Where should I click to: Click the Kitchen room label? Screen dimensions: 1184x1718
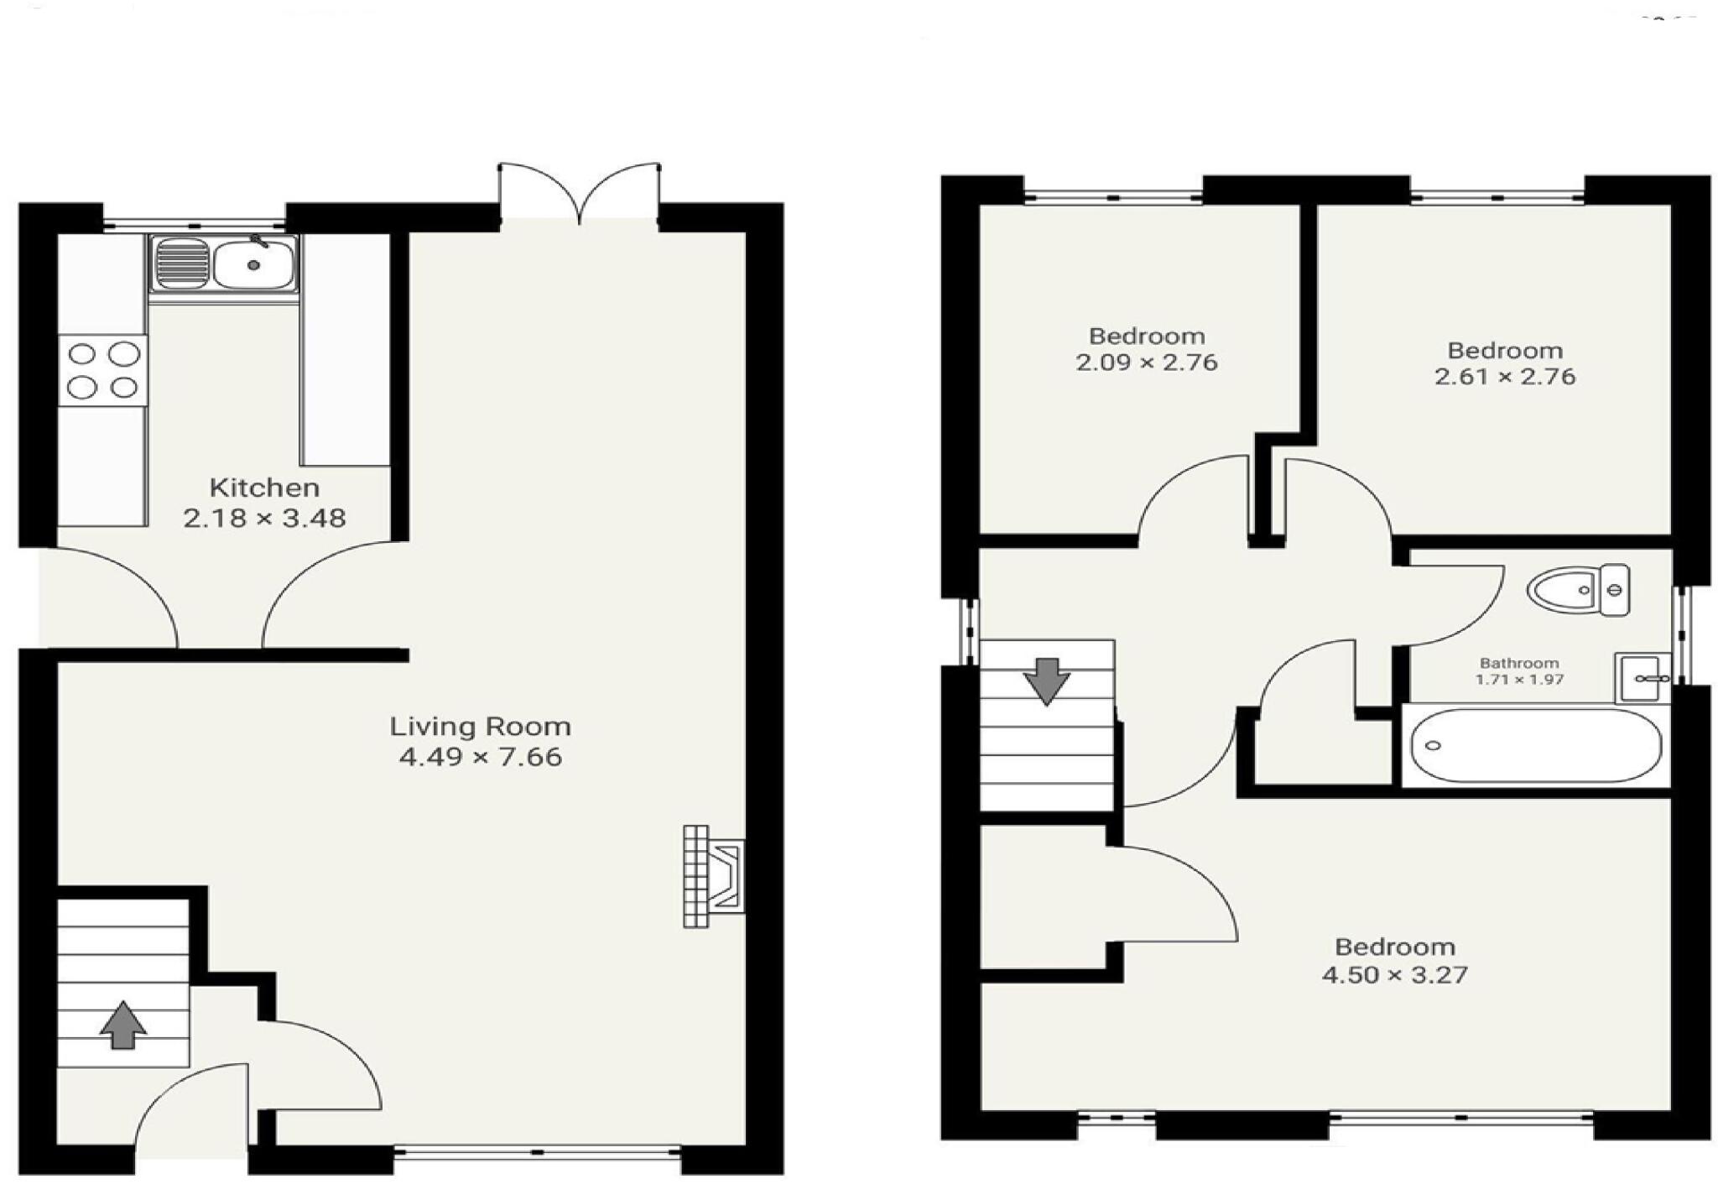pyautogui.click(x=263, y=488)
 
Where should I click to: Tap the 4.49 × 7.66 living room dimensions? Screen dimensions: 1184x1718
pyautogui.click(x=480, y=757)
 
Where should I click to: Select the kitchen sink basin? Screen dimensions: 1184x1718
pyautogui.click(x=252, y=264)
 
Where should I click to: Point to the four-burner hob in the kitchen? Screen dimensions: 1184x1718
pyautogui.click(x=102, y=371)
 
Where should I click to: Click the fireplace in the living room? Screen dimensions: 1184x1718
pyautogui.click(x=714, y=876)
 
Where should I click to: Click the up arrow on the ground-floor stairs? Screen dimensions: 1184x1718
pyautogui.click(x=123, y=1025)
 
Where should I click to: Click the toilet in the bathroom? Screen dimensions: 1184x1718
pyautogui.click(x=1578, y=590)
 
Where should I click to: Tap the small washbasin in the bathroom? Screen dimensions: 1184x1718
pyautogui.click(x=1643, y=677)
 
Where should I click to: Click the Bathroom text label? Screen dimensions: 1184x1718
pyautogui.click(x=1519, y=663)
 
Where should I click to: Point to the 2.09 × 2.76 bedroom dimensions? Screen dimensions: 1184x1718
pyautogui.click(x=1146, y=363)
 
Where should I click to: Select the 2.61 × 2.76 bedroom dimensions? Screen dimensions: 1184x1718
pyautogui.click(x=1505, y=377)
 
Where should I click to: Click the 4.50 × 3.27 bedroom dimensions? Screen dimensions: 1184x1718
pyautogui.click(x=1394, y=975)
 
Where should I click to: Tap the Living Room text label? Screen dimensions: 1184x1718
pyautogui.click(x=480, y=726)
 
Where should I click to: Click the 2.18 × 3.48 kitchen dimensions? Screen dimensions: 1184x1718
pyautogui.click(x=264, y=519)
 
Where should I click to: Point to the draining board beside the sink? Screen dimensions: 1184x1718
pyautogui.click(x=181, y=263)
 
